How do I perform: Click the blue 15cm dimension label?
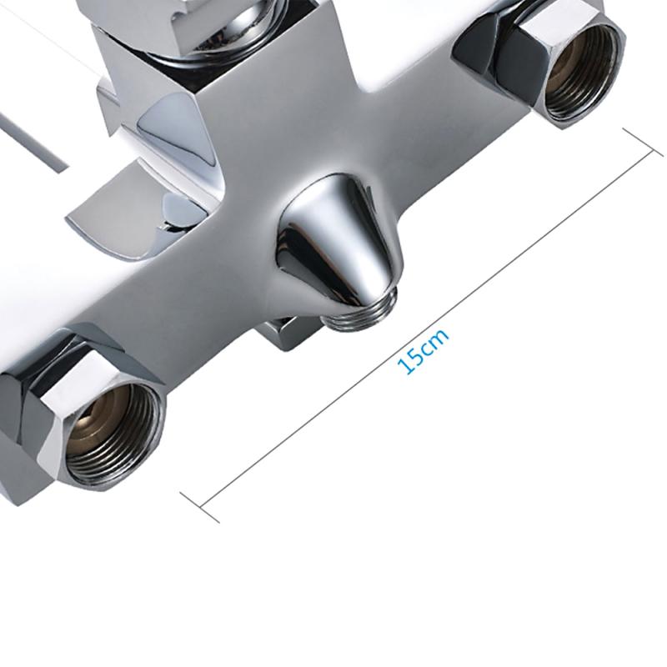click(423, 351)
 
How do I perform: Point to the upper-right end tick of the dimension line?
click(643, 142)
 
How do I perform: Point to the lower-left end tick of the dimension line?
click(199, 508)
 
